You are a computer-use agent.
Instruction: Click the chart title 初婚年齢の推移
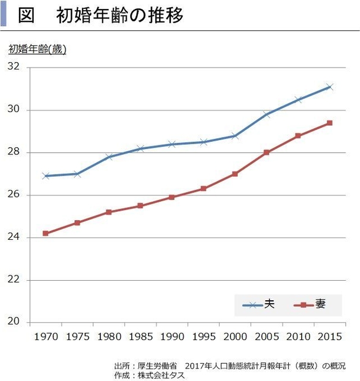pos(119,15)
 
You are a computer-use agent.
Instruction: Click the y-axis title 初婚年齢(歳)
pos(37,50)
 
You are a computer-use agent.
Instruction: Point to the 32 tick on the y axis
pos(14,68)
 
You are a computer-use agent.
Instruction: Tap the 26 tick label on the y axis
pos(14,195)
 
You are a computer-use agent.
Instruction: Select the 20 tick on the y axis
pos(14,322)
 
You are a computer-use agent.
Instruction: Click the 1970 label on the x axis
pos(46,336)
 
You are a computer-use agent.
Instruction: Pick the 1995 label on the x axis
pos(203,336)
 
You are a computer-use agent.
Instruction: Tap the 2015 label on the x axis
pos(329,336)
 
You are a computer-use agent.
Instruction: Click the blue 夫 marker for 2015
pos(329,87)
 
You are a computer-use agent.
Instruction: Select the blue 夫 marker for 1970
pos(46,176)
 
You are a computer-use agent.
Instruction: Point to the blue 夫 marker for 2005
pos(266,114)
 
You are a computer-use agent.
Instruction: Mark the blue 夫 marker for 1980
pos(109,157)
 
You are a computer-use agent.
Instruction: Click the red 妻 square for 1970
pos(46,233)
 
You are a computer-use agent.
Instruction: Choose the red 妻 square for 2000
pos(235,174)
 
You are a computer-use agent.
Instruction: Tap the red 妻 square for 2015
pos(329,123)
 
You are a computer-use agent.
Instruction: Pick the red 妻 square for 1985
pos(140,206)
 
